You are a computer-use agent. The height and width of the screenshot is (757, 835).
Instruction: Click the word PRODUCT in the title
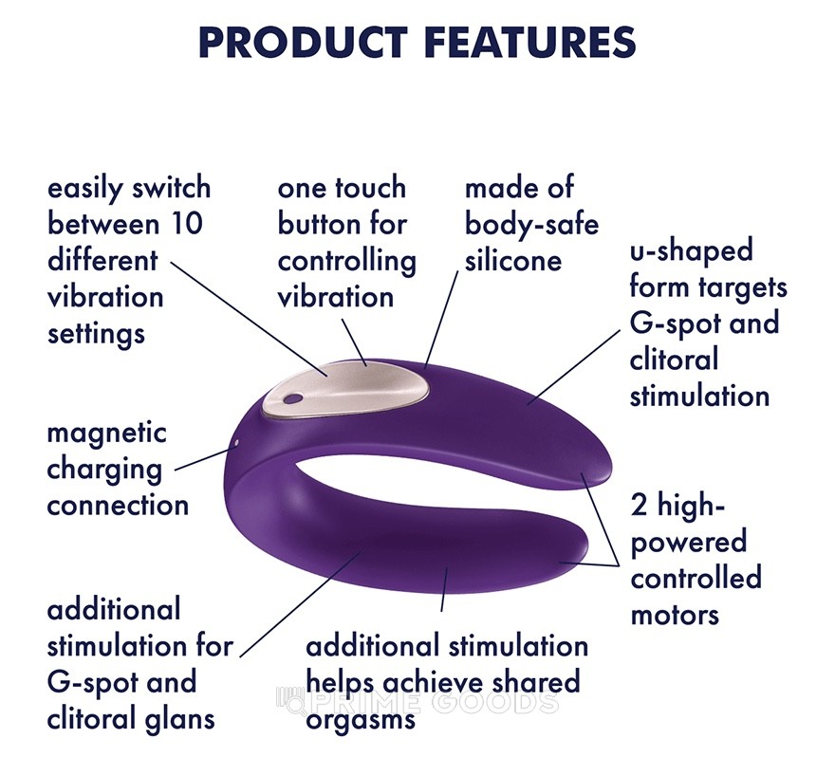tap(303, 42)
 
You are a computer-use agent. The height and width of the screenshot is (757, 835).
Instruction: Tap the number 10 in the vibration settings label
tap(186, 224)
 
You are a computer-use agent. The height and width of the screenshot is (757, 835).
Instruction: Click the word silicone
tap(512, 261)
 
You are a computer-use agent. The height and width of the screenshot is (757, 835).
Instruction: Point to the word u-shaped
tap(691, 251)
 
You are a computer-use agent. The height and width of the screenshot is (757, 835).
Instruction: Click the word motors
tap(675, 616)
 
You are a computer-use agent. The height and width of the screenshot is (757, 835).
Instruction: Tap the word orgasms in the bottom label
tap(361, 721)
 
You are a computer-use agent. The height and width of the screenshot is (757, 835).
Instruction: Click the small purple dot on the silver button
tap(290, 398)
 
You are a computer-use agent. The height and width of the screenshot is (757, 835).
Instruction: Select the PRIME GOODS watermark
tap(418, 702)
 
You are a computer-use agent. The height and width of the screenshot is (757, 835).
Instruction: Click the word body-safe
tap(531, 225)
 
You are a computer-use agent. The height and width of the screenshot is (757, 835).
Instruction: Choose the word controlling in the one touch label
tap(346, 262)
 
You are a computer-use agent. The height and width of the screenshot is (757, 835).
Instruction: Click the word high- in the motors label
tap(691, 506)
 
